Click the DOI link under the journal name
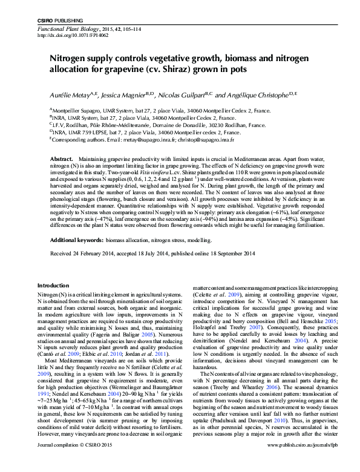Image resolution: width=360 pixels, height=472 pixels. point(65,36)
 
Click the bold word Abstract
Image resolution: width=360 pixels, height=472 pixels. point(61,158)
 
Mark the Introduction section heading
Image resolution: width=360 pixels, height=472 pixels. point(53,285)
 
